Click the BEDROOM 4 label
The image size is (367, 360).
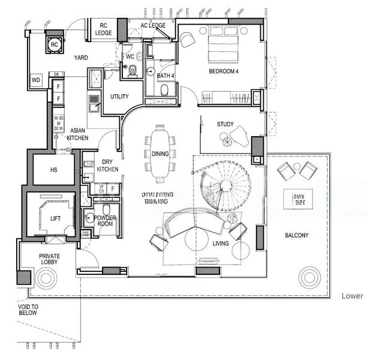pyautogui.click(x=224, y=72)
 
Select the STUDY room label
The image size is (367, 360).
pyautogui.click(x=225, y=124)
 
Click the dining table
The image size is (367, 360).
pyautogui.click(x=160, y=153)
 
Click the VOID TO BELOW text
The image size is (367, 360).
pyautogui.click(x=27, y=309)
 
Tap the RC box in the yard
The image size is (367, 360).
pyautogui.click(x=55, y=44)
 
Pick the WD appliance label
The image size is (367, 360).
pyautogui.click(x=36, y=79)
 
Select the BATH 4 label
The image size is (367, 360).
pyautogui.click(x=166, y=76)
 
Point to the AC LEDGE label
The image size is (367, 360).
pyautogui.click(x=153, y=25)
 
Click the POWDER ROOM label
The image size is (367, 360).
pyautogui.click(x=105, y=221)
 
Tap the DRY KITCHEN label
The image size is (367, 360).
pyautogui.click(x=107, y=166)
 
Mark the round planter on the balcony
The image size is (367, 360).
pyautogui.click(x=310, y=277)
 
